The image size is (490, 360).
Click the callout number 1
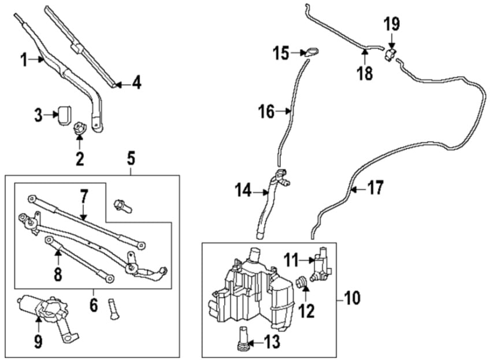pyautogui.click(x=24, y=60)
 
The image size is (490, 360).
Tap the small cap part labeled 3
pyautogui.click(x=65, y=116)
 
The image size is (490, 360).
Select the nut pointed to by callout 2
pyautogui.click(x=79, y=129)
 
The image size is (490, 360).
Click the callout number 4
pyautogui.click(x=136, y=83)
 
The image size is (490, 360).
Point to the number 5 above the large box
pyautogui.click(x=131, y=158)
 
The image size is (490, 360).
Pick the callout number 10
pyautogui.click(x=352, y=298)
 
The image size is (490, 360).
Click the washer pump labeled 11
pyautogui.click(x=322, y=265)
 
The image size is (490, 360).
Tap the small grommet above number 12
pyautogui.click(x=302, y=282)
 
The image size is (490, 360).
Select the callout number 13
pyautogui.click(x=272, y=342)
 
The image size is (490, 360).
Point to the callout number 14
pyautogui.click(x=243, y=190)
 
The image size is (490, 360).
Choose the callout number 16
pyautogui.click(x=266, y=112)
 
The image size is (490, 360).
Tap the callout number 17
pyautogui.click(x=376, y=187)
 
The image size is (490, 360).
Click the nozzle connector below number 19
pyautogui.click(x=390, y=54)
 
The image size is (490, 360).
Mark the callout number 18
pyautogui.click(x=365, y=73)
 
